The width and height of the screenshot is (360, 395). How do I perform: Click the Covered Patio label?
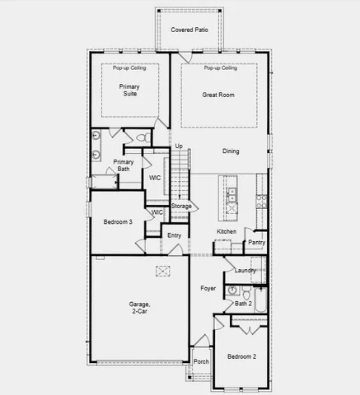189,30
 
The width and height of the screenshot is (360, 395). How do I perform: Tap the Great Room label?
219,95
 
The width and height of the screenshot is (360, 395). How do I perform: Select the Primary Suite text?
129,90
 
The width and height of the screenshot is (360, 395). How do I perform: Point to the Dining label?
231,151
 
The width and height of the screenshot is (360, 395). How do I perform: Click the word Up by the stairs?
179,146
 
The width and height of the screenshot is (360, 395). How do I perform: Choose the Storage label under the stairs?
181,206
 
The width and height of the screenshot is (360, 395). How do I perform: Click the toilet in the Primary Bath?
141,137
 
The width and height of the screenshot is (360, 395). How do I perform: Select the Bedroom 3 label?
118,222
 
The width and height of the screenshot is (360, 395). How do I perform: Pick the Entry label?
174,236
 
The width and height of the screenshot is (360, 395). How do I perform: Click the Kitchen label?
227,232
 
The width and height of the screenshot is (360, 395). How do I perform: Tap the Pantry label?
256,243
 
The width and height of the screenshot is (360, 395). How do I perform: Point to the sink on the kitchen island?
231,195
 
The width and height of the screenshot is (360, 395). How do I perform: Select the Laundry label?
245,271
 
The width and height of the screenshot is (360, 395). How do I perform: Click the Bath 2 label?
243,304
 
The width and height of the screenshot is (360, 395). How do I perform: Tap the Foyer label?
208,289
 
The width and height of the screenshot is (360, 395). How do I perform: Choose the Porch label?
200,361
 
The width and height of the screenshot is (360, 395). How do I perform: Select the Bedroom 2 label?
242,357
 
